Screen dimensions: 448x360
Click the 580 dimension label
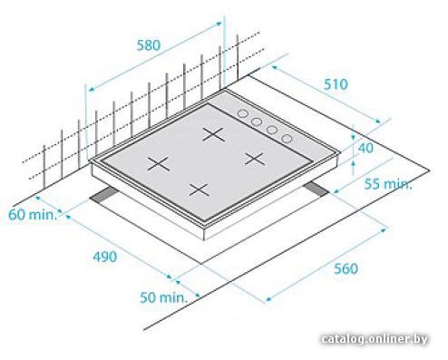tap(149, 45)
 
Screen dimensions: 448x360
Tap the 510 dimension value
tap(336, 84)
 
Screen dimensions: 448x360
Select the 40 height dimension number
tap(365, 148)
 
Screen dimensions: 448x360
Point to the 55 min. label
tap(388, 184)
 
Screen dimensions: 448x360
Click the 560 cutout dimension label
tap(346, 268)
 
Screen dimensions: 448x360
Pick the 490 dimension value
tap(104, 257)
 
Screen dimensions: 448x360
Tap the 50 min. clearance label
tap(163, 297)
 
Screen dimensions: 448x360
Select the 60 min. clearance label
tap(33, 215)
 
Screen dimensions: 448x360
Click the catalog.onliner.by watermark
tap(375, 339)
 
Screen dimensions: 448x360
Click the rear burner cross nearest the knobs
tap(214, 134)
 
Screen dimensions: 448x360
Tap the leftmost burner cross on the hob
tap(159, 163)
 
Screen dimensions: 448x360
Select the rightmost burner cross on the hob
tap(255, 159)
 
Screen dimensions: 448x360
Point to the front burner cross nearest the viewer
tap(200, 190)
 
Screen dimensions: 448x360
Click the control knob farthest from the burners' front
tap(242, 113)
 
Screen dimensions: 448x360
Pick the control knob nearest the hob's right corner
tap(287, 139)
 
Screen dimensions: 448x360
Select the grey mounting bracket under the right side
tap(316, 190)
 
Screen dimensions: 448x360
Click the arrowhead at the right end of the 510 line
tap(379, 122)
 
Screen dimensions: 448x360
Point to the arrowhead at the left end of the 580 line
tap(91, 89)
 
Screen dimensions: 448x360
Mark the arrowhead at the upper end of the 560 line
tap(384, 230)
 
